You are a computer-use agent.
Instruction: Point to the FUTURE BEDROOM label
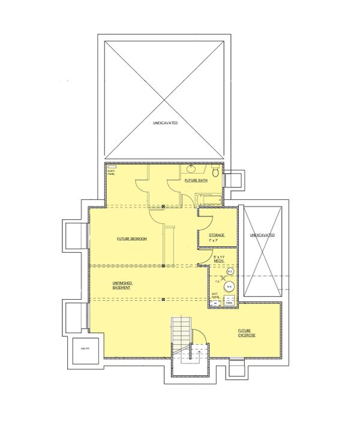tap(131, 238)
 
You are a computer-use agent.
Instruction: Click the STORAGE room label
tap(216, 235)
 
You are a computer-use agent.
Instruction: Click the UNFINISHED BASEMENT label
tap(122, 285)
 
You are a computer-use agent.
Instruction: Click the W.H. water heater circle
tap(229, 286)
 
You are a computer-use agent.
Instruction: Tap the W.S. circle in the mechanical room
tap(230, 270)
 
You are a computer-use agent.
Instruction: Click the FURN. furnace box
tap(229, 303)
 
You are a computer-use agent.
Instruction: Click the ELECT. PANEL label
tap(111, 171)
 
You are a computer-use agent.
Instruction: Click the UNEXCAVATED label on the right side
tap(262, 235)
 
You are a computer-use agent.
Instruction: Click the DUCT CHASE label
tap(215, 296)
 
